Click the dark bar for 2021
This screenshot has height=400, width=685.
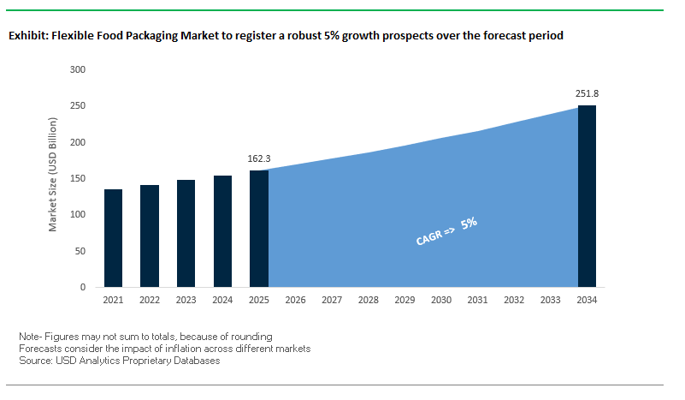(113, 238)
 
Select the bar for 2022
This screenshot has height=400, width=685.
(150, 236)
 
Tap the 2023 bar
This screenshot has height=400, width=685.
(186, 233)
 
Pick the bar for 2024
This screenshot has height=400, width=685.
(222, 231)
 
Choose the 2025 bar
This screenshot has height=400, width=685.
(259, 229)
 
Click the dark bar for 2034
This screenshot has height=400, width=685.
(587, 196)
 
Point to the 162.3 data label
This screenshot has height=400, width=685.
(258, 159)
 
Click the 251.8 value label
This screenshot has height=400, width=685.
(587, 93)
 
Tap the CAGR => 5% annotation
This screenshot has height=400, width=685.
(446, 232)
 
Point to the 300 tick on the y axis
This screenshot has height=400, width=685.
(77, 69)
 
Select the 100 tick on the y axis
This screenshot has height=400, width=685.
(77, 214)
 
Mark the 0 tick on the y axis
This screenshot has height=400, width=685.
(82, 287)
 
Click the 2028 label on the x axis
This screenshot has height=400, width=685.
(369, 301)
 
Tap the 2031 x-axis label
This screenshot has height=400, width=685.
(478, 301)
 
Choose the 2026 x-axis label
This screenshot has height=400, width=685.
(296, 301)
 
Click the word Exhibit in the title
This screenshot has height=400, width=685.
(27, 36)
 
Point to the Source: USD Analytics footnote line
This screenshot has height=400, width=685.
(119, 361)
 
